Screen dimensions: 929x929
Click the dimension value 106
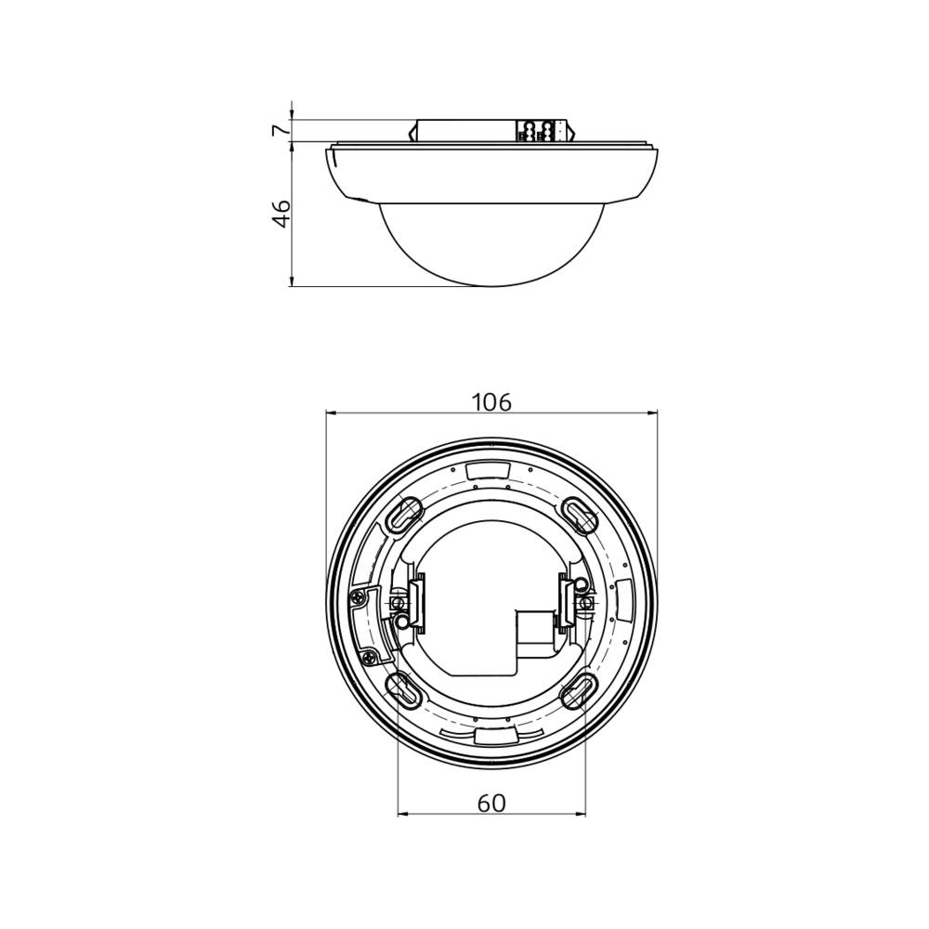tap(491, 402)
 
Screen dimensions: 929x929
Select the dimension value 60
tap(491, 804)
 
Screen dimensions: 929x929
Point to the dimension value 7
tap(280, 130)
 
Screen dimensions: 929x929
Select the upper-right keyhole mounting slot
tap(580, 514)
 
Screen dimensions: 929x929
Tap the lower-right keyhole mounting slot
tap(580, 689)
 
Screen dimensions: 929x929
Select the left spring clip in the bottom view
tap(416, 601)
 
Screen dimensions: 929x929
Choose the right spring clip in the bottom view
tap(566, 601)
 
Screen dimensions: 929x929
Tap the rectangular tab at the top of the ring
tap(491, 470)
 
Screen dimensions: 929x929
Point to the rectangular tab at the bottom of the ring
tap(491, 736)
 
